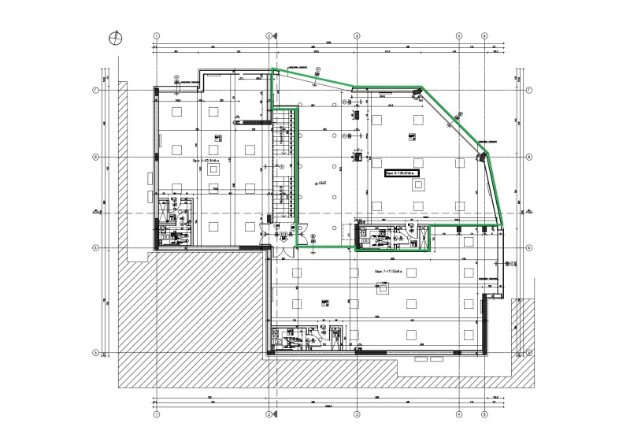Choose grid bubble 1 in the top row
(156, 36)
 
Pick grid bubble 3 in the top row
(356, 36)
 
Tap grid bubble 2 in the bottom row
(269, 413)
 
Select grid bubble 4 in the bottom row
(458, 413)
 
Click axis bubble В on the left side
(96, 157)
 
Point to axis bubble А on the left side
(96, 353)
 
